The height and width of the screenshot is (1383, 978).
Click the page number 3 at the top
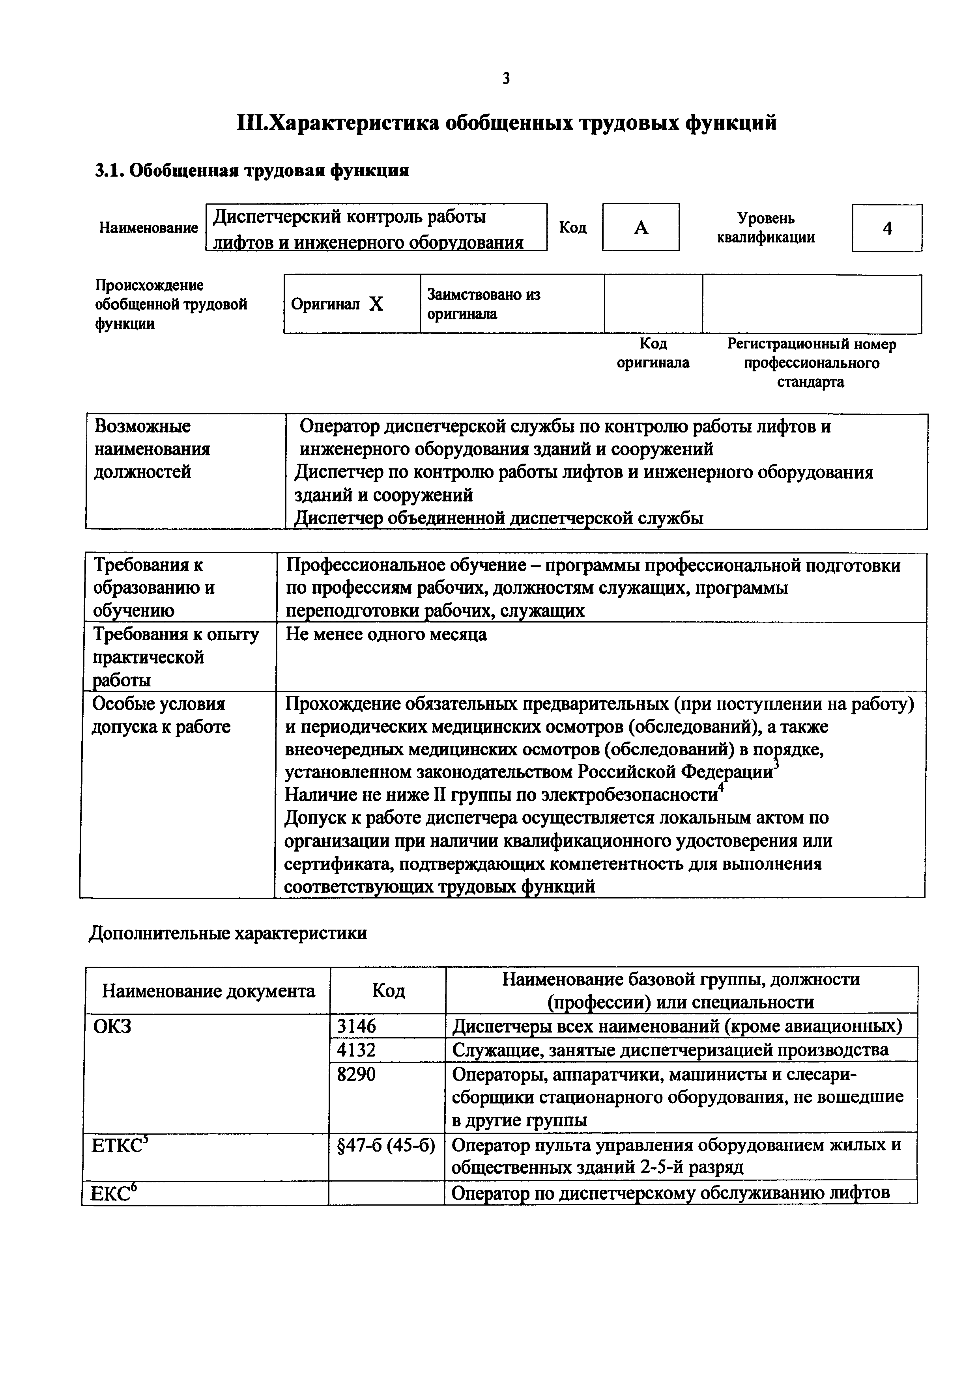tap(506, 78)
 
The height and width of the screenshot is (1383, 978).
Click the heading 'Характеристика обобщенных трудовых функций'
tap(506, 123)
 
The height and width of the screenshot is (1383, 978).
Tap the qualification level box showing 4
tap(886, 228)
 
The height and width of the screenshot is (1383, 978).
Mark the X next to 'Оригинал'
tap(376, 305)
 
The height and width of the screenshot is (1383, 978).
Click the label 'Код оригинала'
tap(653, 353)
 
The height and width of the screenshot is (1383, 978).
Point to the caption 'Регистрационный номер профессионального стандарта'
tap(811, 363)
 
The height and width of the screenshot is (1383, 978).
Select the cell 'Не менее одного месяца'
tap(386, 634)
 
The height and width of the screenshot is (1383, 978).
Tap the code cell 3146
tap(356, 1026)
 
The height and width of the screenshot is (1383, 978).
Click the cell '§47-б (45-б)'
tap(386, 1145)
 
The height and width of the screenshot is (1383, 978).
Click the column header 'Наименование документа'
tap(208, 991)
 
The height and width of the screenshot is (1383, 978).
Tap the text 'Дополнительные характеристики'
tap(228, 933)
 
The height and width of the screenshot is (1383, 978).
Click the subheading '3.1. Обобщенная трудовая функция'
tap(252, 171)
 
